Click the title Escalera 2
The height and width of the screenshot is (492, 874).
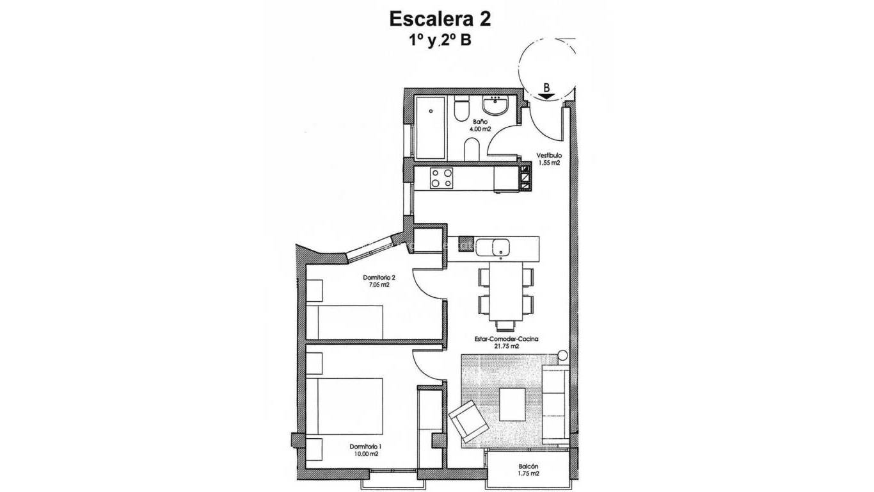tap(440, 20)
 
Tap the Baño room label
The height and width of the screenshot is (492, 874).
tap(481, 121)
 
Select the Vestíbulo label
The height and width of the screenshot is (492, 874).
tap(549, 155)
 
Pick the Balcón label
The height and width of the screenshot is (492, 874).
tap(528, 466)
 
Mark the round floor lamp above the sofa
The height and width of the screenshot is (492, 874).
tap(562, 355)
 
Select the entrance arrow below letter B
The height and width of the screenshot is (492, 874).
tap(546, 96)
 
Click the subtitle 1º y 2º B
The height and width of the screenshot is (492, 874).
tap(440, 41)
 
